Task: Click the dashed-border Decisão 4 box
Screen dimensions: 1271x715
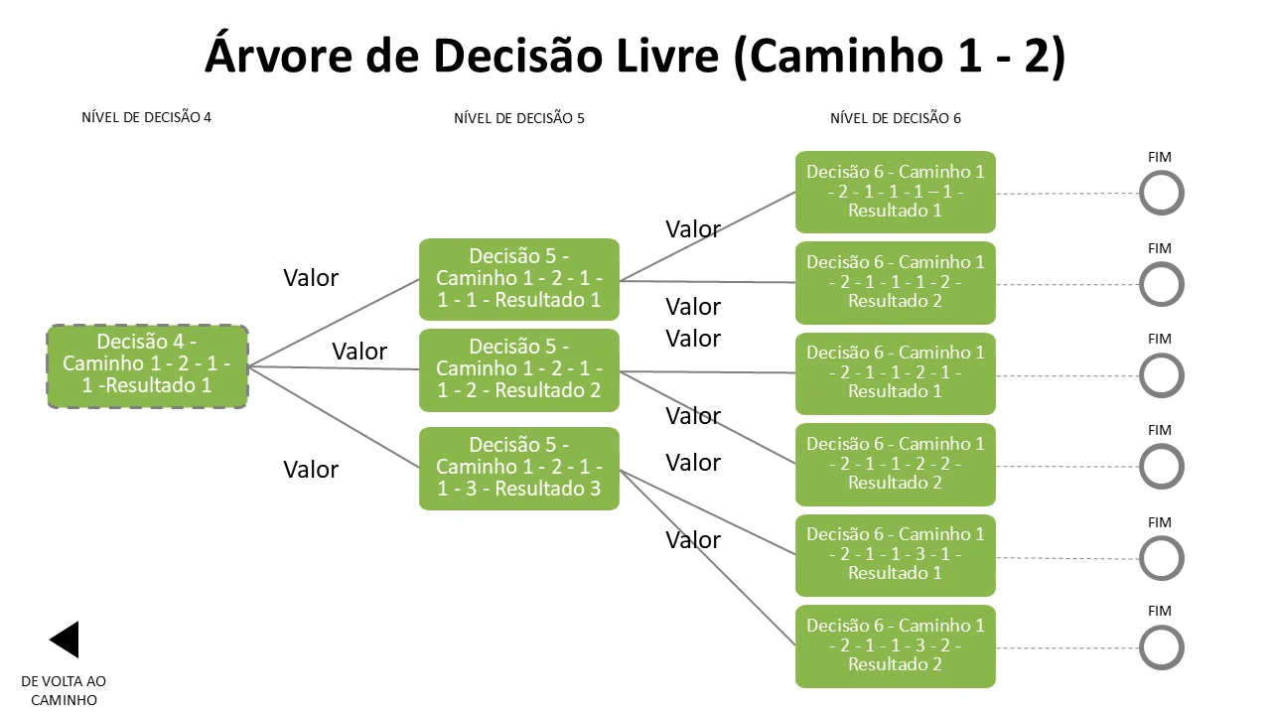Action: click(x=148, y=366)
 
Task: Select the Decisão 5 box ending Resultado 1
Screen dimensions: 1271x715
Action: click(x=519, y=279)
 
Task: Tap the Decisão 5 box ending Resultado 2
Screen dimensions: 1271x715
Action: click(x=519, y=370)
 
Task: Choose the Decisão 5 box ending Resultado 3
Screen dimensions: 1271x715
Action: click(x=519, y=468)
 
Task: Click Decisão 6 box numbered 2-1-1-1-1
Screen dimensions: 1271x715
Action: click(x=896, y=192)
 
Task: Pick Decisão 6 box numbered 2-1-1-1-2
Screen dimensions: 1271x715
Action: click(x=896, y=283)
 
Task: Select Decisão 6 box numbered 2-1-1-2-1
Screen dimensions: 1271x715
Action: click(x=896, y=373)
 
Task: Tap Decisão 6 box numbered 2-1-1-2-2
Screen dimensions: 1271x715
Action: click(x=896, y=464)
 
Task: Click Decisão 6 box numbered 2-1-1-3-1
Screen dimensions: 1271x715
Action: click(x=896, y=555)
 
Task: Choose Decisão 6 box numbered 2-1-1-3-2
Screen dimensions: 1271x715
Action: click(x=896, y=646)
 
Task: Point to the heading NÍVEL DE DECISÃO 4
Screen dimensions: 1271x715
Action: click(x=146, y=117)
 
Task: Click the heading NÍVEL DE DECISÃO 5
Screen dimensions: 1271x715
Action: click(x=519, y=118)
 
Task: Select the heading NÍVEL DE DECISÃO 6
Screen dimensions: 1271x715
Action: click(x=896, y=118)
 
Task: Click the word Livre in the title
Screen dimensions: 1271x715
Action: click(x=667, y=56)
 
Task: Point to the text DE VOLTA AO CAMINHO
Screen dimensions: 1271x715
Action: click(x=64, y=690)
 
